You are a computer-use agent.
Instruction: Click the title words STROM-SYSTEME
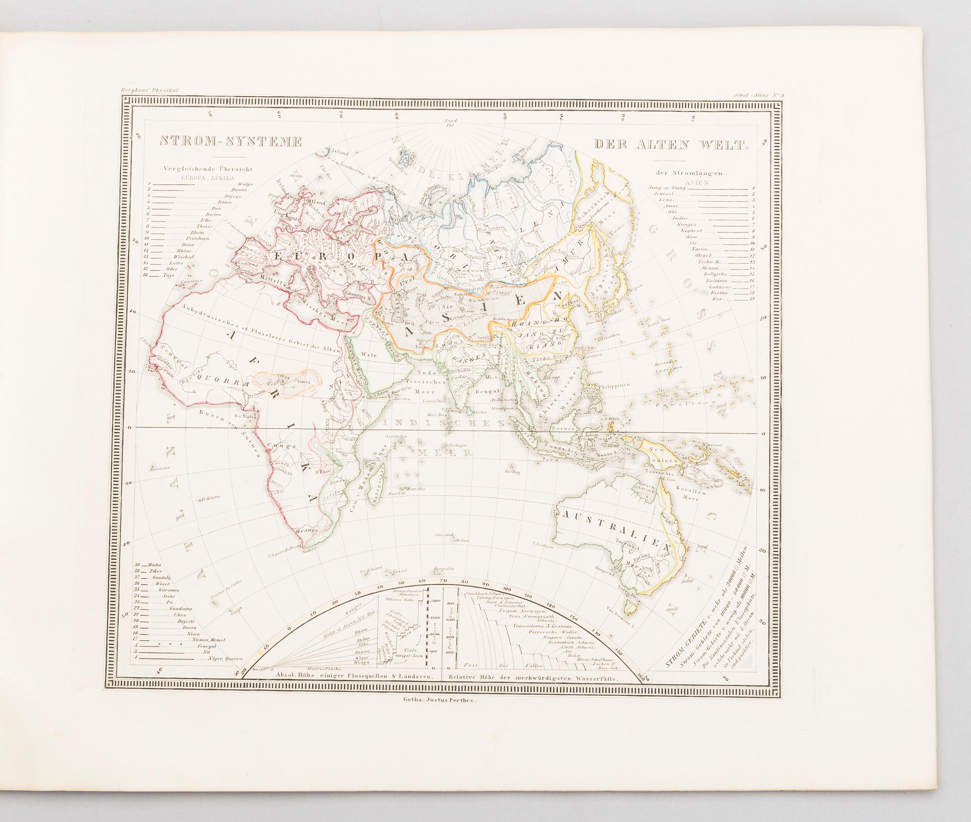click(x=231, y=142)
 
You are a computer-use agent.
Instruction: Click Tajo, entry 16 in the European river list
click(x=168, y=275)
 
